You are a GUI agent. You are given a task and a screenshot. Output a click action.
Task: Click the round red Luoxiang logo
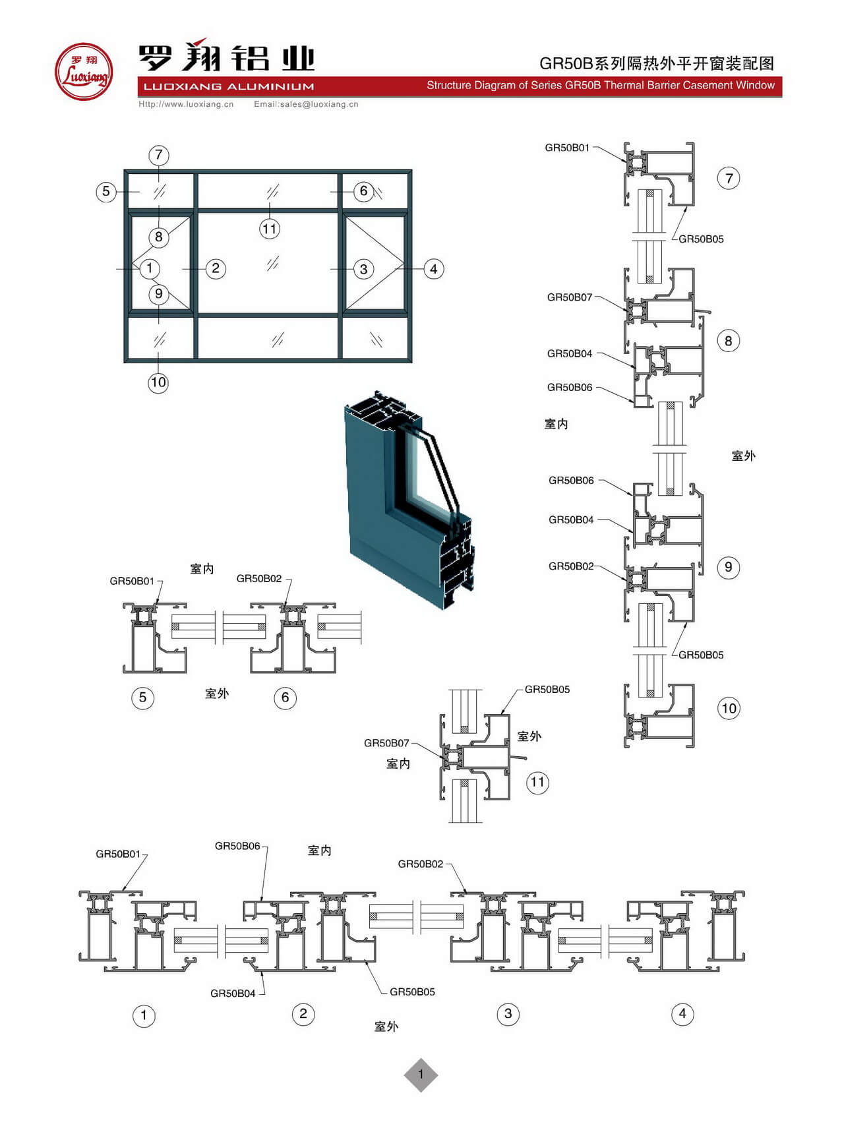click(83, 72)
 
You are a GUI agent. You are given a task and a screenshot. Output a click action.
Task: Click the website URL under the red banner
click(186, 104)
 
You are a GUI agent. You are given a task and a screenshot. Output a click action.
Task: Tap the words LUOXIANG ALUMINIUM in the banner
click(229, 86)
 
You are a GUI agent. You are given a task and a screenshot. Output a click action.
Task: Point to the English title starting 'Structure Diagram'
click(601, 85)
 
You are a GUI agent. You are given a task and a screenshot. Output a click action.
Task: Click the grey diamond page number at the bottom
click(421, 1075)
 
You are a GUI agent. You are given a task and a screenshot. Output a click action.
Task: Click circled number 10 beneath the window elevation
click(158, 382)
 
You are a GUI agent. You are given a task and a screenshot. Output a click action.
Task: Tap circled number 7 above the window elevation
click(158, 155)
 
